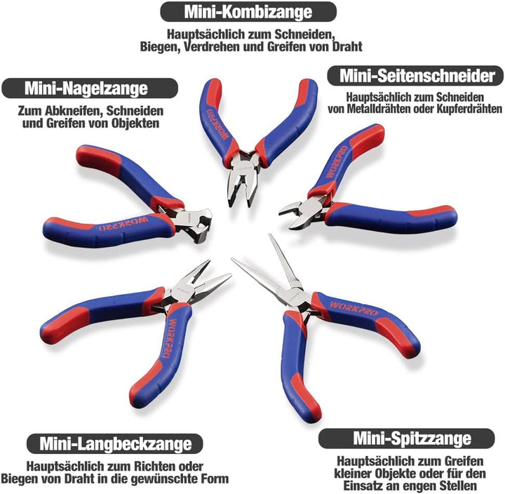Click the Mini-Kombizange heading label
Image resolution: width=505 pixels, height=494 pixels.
[x=248, y=12]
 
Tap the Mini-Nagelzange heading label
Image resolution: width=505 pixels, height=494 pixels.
[x=86, y=88]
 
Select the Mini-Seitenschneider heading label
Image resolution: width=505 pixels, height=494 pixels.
[x=417, y=76]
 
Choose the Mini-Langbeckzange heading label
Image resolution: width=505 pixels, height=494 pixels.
[x=115, y=443]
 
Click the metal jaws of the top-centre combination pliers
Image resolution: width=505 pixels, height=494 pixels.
[x=241, y=179]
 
